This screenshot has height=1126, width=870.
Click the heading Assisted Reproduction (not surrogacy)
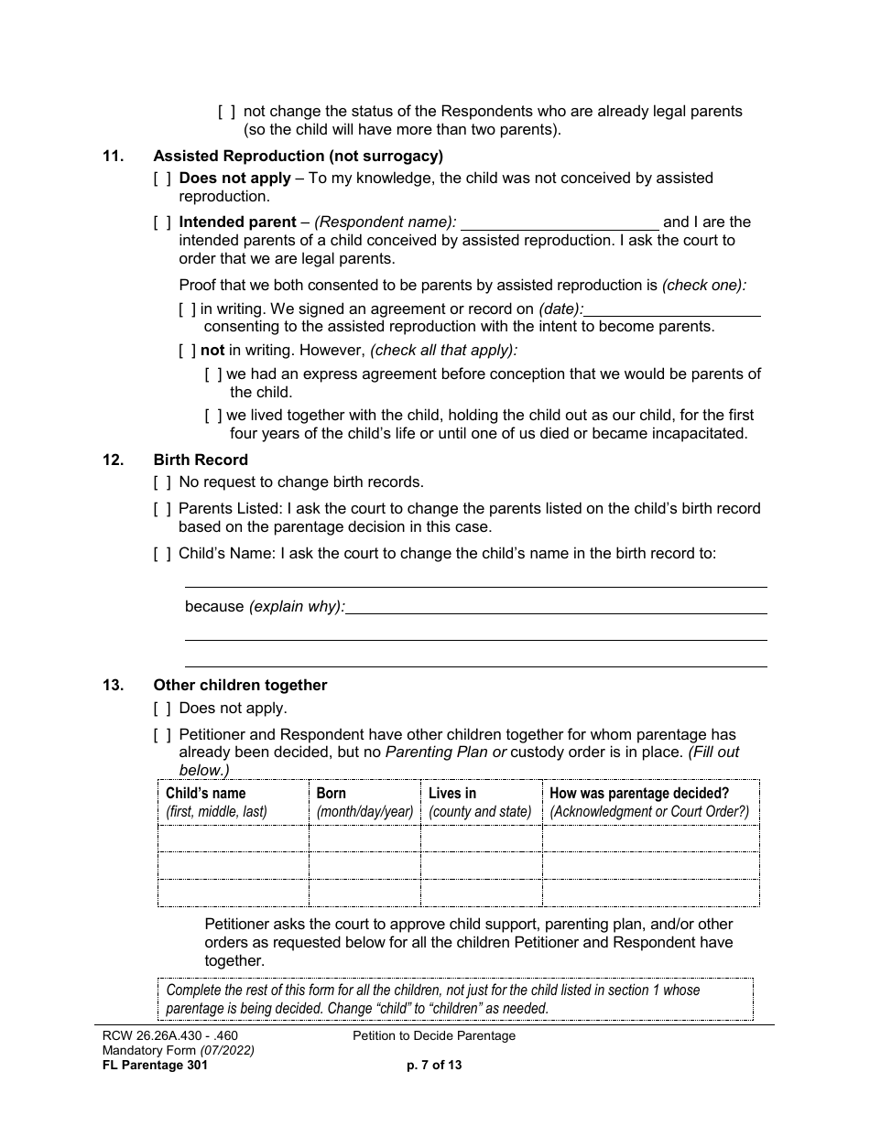click(298, 156)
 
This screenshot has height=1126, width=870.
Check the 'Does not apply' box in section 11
click(162, 179)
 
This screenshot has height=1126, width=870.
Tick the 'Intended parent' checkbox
click(162, 222)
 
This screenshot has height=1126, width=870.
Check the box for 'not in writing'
click(188, 350)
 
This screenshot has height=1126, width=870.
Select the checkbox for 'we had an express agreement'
click(213, 374)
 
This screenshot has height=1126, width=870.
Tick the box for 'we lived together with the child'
click(213, 416)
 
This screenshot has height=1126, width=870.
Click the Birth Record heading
click(200, 460)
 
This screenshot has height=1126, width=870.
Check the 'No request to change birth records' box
click(162, 482)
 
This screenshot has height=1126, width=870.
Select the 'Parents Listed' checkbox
click(162, 509)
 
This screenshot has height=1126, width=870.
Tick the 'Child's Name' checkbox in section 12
click(162, 553)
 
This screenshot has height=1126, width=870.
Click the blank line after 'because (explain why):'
click(556, 606)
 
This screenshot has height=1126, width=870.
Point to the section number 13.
click(112, 685)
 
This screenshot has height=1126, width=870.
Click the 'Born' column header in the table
click(332, 794)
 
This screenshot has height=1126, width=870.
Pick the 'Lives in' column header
click(452, 794)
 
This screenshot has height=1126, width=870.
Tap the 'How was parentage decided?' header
click(639, 794)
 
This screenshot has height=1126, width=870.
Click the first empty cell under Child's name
click(234, 839)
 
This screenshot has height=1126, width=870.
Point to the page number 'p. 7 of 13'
click(434, 1065)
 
